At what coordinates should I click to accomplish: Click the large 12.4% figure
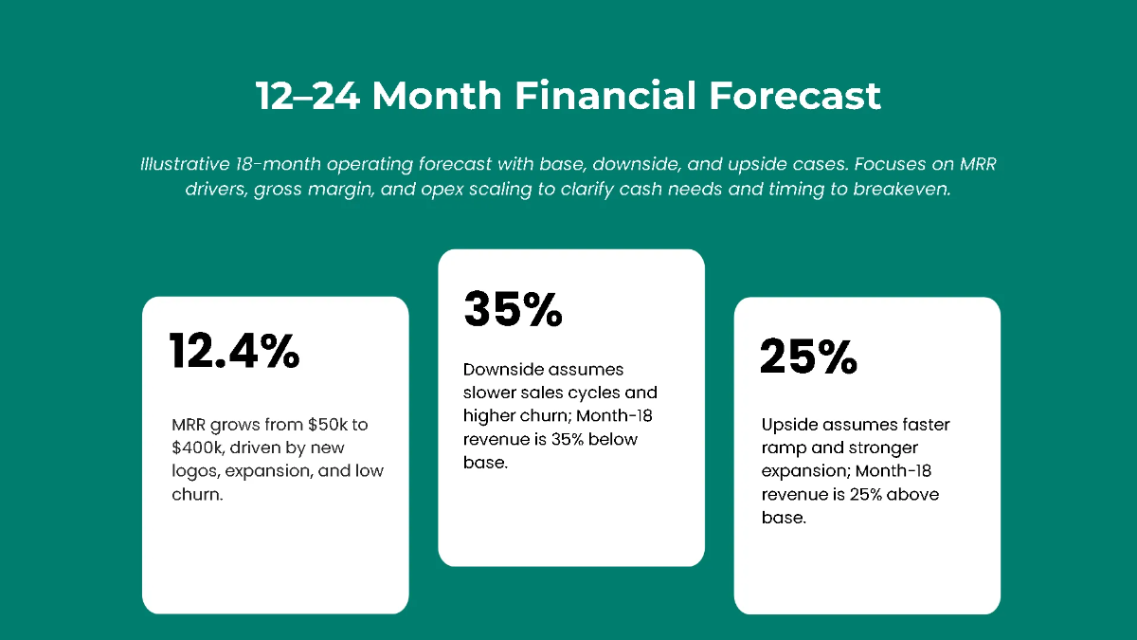tap(234, 352)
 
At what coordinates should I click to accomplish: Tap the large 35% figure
tap(513, 309)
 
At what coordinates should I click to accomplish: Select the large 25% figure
tap(808, 357)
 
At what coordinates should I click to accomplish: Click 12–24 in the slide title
tap(307, 97)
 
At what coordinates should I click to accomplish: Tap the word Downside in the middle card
tap(502, 369)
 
